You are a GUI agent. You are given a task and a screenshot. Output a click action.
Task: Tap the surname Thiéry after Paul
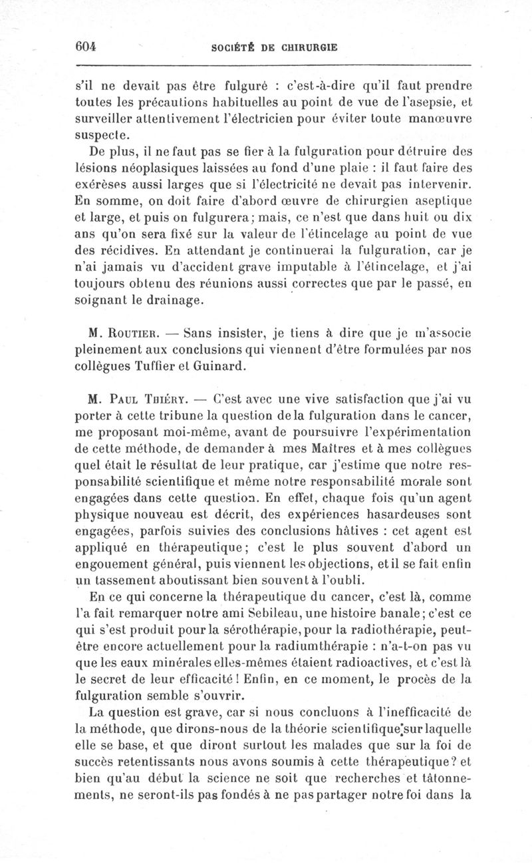pyautogui.click(x=166, y=401)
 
